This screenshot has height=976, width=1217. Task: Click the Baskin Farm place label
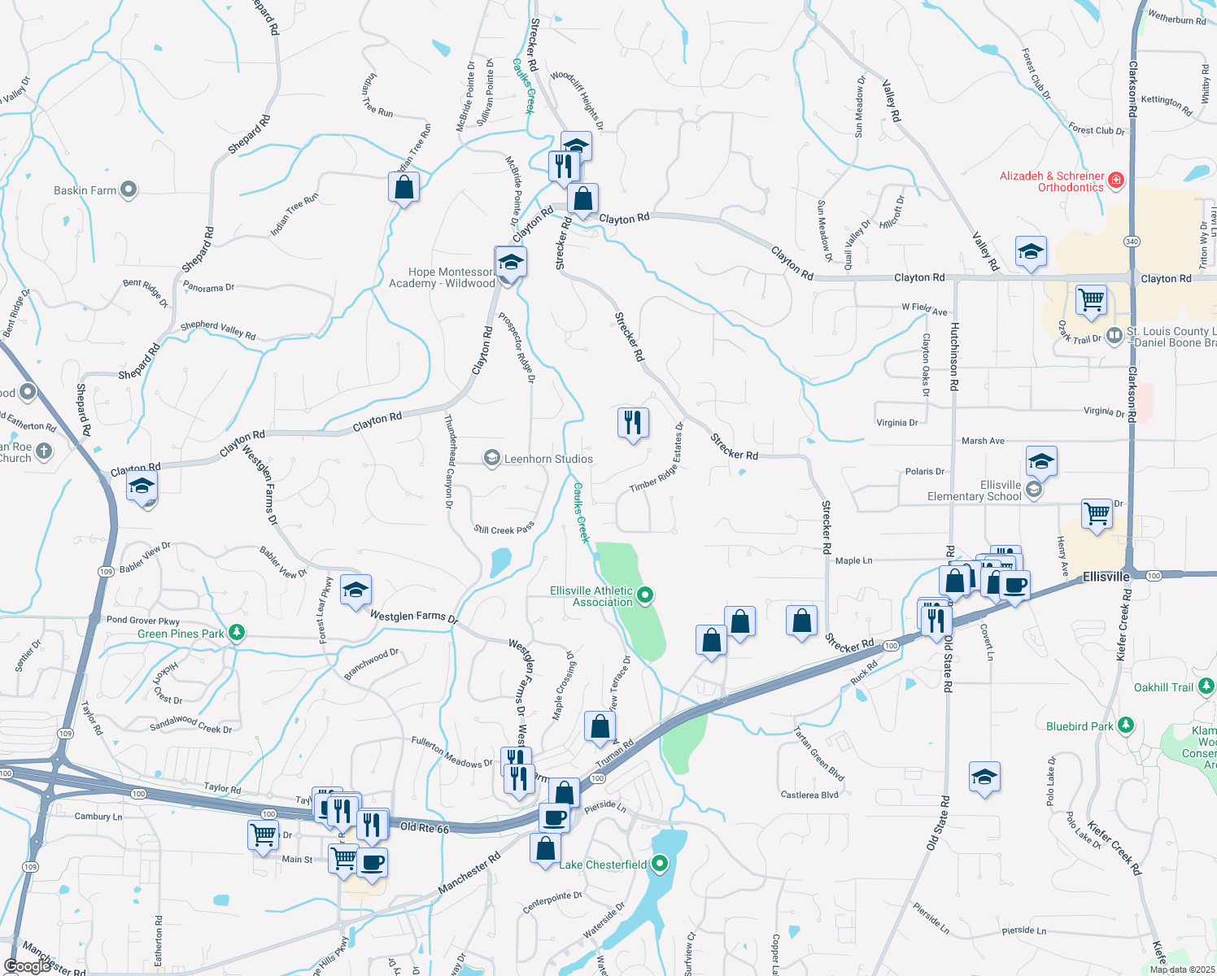coord(85,190)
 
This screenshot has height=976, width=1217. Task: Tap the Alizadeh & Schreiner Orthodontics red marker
coord(1116,180)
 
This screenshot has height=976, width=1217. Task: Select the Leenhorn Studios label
coord(548,459)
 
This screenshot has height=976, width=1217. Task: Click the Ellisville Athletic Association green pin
coord(645,595)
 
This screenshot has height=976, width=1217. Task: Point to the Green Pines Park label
coord(181,634)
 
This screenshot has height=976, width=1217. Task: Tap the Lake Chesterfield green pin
coord(660,863)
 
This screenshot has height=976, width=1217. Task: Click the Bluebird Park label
coord(1080,726)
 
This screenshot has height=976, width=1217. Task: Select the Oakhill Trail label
coord(1163,687)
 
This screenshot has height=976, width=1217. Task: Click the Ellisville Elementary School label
coord(975,490)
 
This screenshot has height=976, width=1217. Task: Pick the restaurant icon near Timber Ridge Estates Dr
coord(633,423)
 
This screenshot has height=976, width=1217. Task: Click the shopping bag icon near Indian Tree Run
coord(404,188)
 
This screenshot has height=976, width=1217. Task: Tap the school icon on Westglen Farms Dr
coord(356,591)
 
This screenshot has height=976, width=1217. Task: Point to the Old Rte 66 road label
coord(425,828)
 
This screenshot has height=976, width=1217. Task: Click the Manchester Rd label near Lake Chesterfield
coord(469,873)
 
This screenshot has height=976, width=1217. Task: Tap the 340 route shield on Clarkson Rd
coord(1132,242)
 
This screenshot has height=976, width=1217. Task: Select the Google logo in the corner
coord(28,965)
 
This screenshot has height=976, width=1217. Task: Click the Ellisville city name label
coord(1106,577)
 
